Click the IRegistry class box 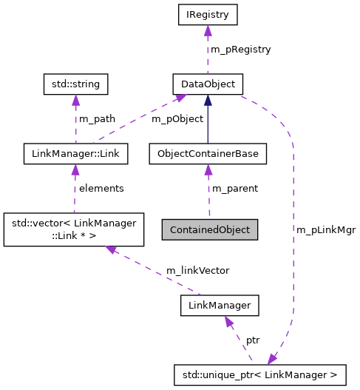click(208, 13)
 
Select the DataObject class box click(208, 84)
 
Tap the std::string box click(75, 84)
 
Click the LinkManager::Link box click(75, 154)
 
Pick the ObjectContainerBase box click(208, 154)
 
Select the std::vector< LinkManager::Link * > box click(62, 229)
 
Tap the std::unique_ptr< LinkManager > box click(265, 375)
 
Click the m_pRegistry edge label click(241, 49)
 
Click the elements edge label click(101, 189)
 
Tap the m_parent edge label click(235, 189)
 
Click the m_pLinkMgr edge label click(326, 229)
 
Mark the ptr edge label click(253, 340)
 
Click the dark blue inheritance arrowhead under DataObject click(208, 100)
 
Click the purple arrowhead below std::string click(75, 101)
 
